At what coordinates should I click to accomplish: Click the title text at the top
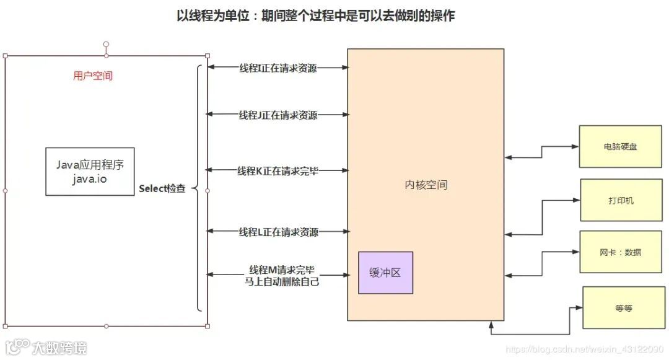pos(316,16)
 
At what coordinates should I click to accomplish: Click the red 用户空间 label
pos(93,76)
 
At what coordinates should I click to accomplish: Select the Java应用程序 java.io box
pos(90,171)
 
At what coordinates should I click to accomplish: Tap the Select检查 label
pos(162,188)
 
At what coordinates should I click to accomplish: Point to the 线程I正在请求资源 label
pos(278,68)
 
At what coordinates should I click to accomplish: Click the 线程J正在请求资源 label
pos(278,115)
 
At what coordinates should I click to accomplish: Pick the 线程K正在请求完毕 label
pos(278,170)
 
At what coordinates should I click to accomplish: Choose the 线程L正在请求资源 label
pos(278,232)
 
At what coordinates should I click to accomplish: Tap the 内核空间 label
pos(426,185)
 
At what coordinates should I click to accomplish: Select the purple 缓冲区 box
pos(385,273)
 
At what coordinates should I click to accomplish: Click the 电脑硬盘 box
pos(621,147)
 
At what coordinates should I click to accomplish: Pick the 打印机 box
pos(621,200)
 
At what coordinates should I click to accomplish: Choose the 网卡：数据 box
pos(621,252)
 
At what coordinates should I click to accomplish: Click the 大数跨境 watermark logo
pos(46,348)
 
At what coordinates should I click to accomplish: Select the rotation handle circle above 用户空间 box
pos(106,45)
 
